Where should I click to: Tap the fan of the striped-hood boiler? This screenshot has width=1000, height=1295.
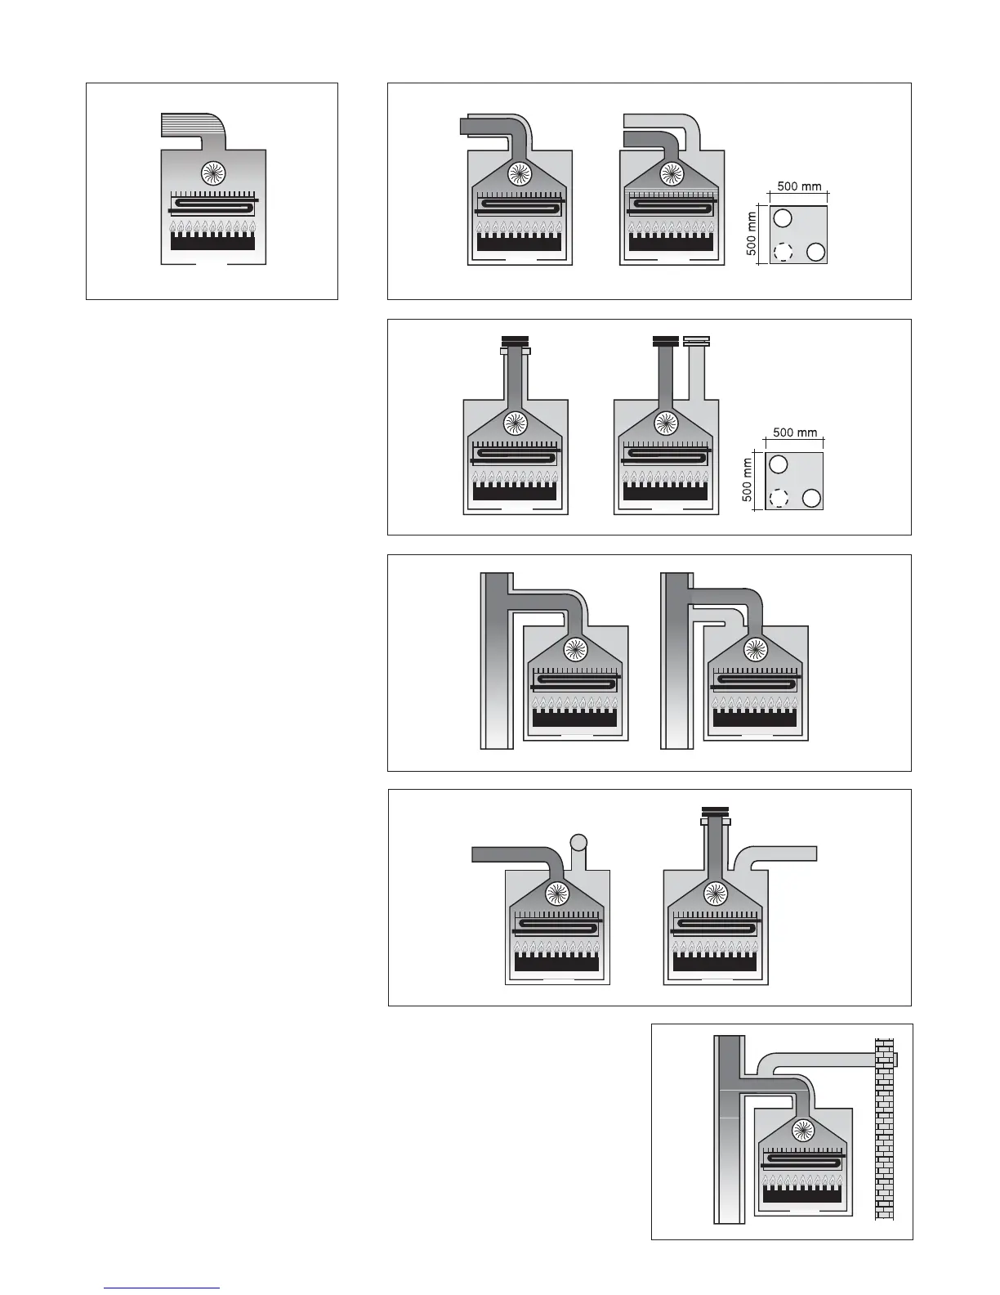pos(212,173)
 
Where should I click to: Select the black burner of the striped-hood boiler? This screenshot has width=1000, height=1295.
pos(212,241)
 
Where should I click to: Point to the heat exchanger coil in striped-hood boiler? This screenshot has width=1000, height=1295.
pos(212,203)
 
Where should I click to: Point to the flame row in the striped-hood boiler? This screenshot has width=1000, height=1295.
pos(212,226)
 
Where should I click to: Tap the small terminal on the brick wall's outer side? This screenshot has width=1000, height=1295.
pos(896,1060)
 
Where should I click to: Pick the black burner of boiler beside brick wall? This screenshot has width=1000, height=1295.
pos(803,1194)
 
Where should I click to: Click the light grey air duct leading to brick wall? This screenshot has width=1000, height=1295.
pos(825,1061)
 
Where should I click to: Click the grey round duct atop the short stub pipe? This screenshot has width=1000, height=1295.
pos(578,842)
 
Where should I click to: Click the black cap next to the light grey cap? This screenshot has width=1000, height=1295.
pos(665,341)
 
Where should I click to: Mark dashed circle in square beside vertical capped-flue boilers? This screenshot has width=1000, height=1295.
pos(779,497)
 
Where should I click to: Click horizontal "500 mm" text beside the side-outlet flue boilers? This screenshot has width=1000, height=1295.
pos(799,186)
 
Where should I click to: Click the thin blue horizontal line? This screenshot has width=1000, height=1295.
pos(162,1288)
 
